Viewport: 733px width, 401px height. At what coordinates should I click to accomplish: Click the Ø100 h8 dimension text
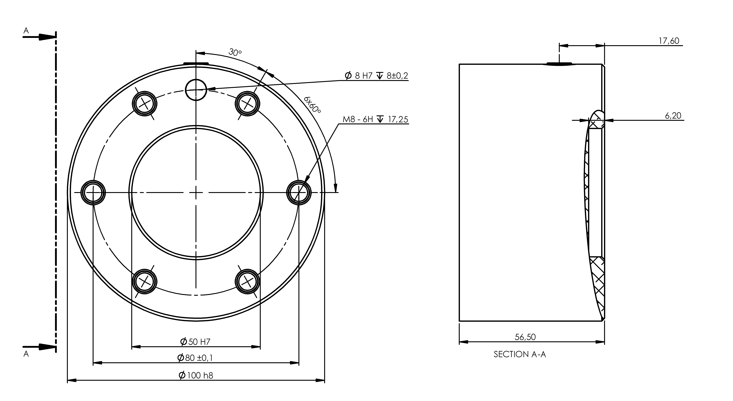click(196, 375)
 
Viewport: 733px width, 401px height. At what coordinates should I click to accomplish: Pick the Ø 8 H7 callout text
click(376, 76)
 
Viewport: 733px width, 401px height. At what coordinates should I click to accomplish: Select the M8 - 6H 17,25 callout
click(375, 119)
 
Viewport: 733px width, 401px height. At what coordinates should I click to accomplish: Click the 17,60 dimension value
click(669, 41)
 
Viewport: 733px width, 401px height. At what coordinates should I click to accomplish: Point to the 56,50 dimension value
click(525, 337)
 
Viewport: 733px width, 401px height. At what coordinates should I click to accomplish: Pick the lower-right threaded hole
click(247, 282)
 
